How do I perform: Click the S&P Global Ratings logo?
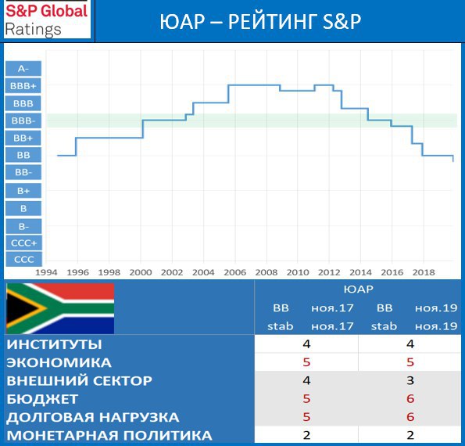[47, 20]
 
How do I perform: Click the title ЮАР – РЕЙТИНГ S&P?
[260, 22]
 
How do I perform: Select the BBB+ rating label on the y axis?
[23, 86]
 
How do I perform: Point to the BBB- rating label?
[23, 120]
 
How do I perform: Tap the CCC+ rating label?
[23, 243]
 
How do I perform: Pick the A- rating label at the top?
[23, 69]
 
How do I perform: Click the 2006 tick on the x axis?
[235, 272]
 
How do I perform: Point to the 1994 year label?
[46, 272]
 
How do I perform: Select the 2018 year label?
[424, 272]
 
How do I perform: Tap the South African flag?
[60, 308]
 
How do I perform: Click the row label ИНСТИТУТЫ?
[54, 344]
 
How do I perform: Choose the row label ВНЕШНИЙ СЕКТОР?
[79, 381]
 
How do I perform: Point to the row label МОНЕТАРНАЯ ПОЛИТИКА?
[109, 436]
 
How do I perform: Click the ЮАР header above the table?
[358, 290]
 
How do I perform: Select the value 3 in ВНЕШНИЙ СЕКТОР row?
[410, 381]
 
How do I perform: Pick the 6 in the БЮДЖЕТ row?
[410, 399]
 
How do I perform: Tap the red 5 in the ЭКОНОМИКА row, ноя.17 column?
[306, 362]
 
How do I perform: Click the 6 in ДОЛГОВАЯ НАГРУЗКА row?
[410, 417]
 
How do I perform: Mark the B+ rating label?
[23, 191]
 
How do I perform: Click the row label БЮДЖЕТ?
[42, 399]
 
